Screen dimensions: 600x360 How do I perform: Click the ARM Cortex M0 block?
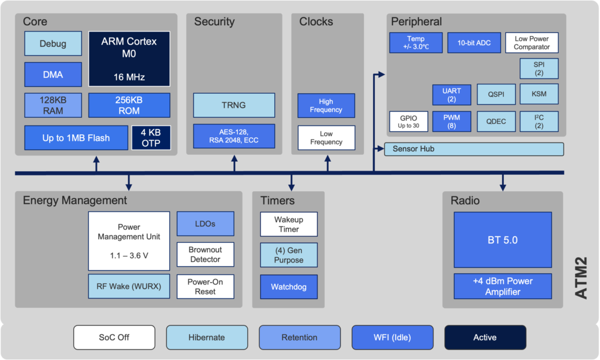click(129, 59)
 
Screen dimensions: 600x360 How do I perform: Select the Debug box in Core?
click(53, 43)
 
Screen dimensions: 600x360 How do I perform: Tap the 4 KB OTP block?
click(151, 138)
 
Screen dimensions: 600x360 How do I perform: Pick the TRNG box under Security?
click(234, 105)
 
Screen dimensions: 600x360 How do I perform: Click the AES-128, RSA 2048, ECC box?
click(234, 136)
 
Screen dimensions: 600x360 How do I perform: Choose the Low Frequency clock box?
click(326, 138)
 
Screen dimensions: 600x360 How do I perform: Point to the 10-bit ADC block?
click(474, 43)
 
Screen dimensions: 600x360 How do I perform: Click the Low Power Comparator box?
click(531, 43)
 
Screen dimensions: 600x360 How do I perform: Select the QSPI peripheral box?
click(496, 94)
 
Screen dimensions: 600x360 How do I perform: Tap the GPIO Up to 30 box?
click(408, 121)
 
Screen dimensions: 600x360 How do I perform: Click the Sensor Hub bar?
click(473, 149)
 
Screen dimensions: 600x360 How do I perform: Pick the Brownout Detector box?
click(205, 254)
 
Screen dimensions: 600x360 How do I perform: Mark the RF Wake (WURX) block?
click(129, 286)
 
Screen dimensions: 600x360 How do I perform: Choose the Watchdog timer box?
click(288, 287)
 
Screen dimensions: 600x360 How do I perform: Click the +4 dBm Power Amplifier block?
click(503, 286)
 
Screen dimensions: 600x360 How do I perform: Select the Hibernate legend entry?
click(207, 337)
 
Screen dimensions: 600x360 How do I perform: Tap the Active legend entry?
click(485, 337)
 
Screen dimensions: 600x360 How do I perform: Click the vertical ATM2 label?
click(581, 278)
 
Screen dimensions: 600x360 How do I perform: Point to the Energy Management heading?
click(75, 201)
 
